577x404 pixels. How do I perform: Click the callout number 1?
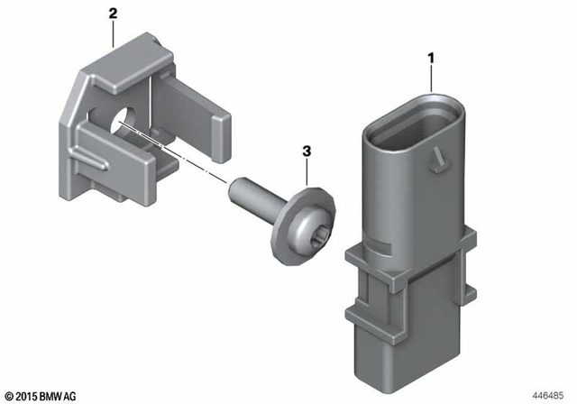point(431,60)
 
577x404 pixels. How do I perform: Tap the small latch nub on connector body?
point(439,161)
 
